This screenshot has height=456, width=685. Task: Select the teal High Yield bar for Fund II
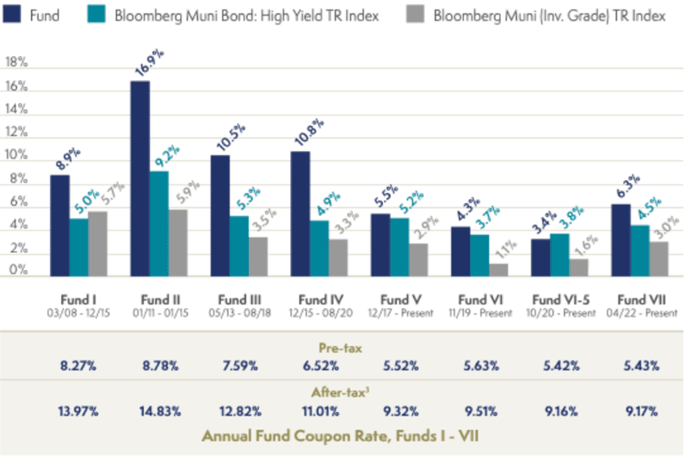tap(160, 223)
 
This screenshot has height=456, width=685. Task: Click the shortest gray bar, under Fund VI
tap(499, 269)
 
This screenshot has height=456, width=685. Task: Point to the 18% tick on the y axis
tap(16, 62)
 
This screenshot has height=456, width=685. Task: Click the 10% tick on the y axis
tap(16, 155)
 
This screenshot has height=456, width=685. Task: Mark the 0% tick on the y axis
tap(16, 269)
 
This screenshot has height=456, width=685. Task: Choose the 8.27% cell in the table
tap(77, 366)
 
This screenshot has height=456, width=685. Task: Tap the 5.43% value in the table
tap(641, 366)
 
